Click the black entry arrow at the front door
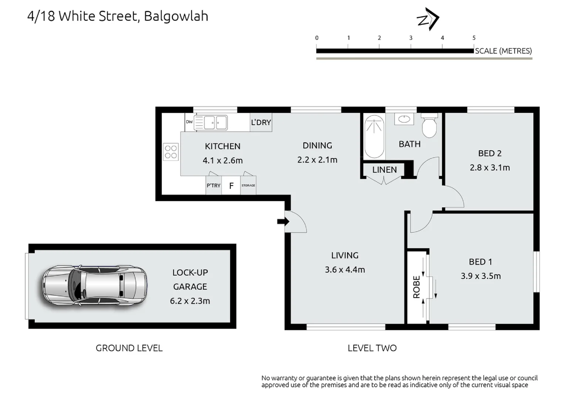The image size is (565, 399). pyautogui.click(x=283, y=221)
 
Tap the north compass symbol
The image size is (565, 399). pyautogui.click(x=428, y=19)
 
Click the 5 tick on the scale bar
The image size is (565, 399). pyautogui.click(x=474, y=38)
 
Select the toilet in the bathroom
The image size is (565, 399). pyautogui.click(x=430, y=126)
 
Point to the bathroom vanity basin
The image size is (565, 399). pyautogui.click(x=404, y=119)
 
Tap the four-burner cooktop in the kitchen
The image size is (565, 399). pyautogui.click(x=171, y=152)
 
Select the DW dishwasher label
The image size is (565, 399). pyautogui.click(x=189, y=122)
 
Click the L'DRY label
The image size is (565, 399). pyautogui.click(x=261, y=122)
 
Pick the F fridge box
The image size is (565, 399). pyautogui.click(x=231, y=185)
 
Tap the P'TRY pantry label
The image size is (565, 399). pyautogui.click(x=213, y=185)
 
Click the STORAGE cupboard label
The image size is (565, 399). pyautogui.click(x=248, y=185)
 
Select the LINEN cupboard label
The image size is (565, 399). pyautogui.click(x=384, y=170)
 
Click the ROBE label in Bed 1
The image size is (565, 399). pyautogui.click(x=416, y=287)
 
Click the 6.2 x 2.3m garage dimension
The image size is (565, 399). pyautogui.click(x=190, y=301)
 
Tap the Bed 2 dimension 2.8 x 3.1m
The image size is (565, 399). pyautogui.click(x=490, y=168)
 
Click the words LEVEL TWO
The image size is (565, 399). pyautogui.click(x=372, y=348)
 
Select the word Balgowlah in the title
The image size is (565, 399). pyautogui.click(x=176, y=16)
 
